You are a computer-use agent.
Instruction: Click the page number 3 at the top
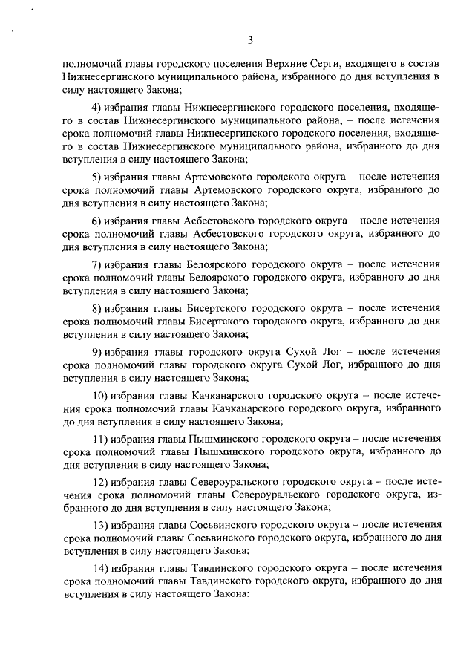(251, 39)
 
